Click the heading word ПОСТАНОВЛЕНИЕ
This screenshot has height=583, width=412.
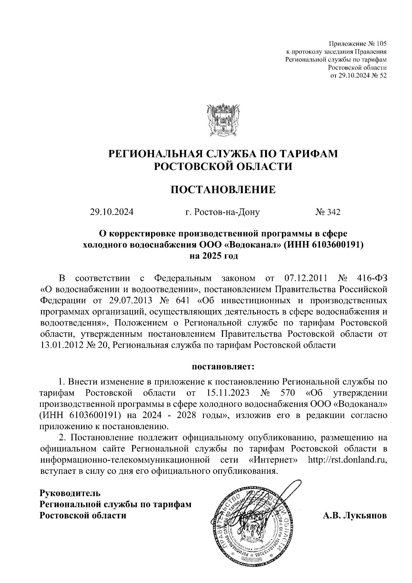tap(223, 189)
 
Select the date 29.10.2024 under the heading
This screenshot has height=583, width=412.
tap(112, 212)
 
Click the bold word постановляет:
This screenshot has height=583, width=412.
tap(223, 367)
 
